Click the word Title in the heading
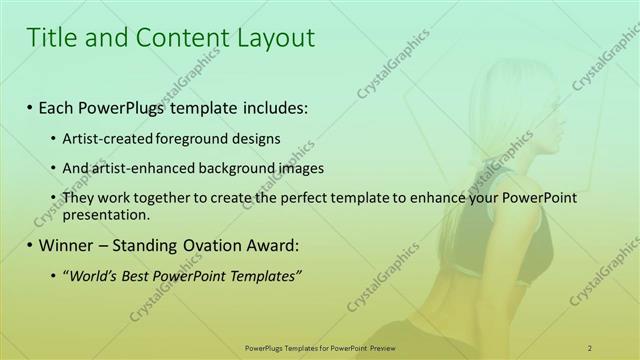coord(53,38)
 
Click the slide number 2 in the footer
coord(590,347)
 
